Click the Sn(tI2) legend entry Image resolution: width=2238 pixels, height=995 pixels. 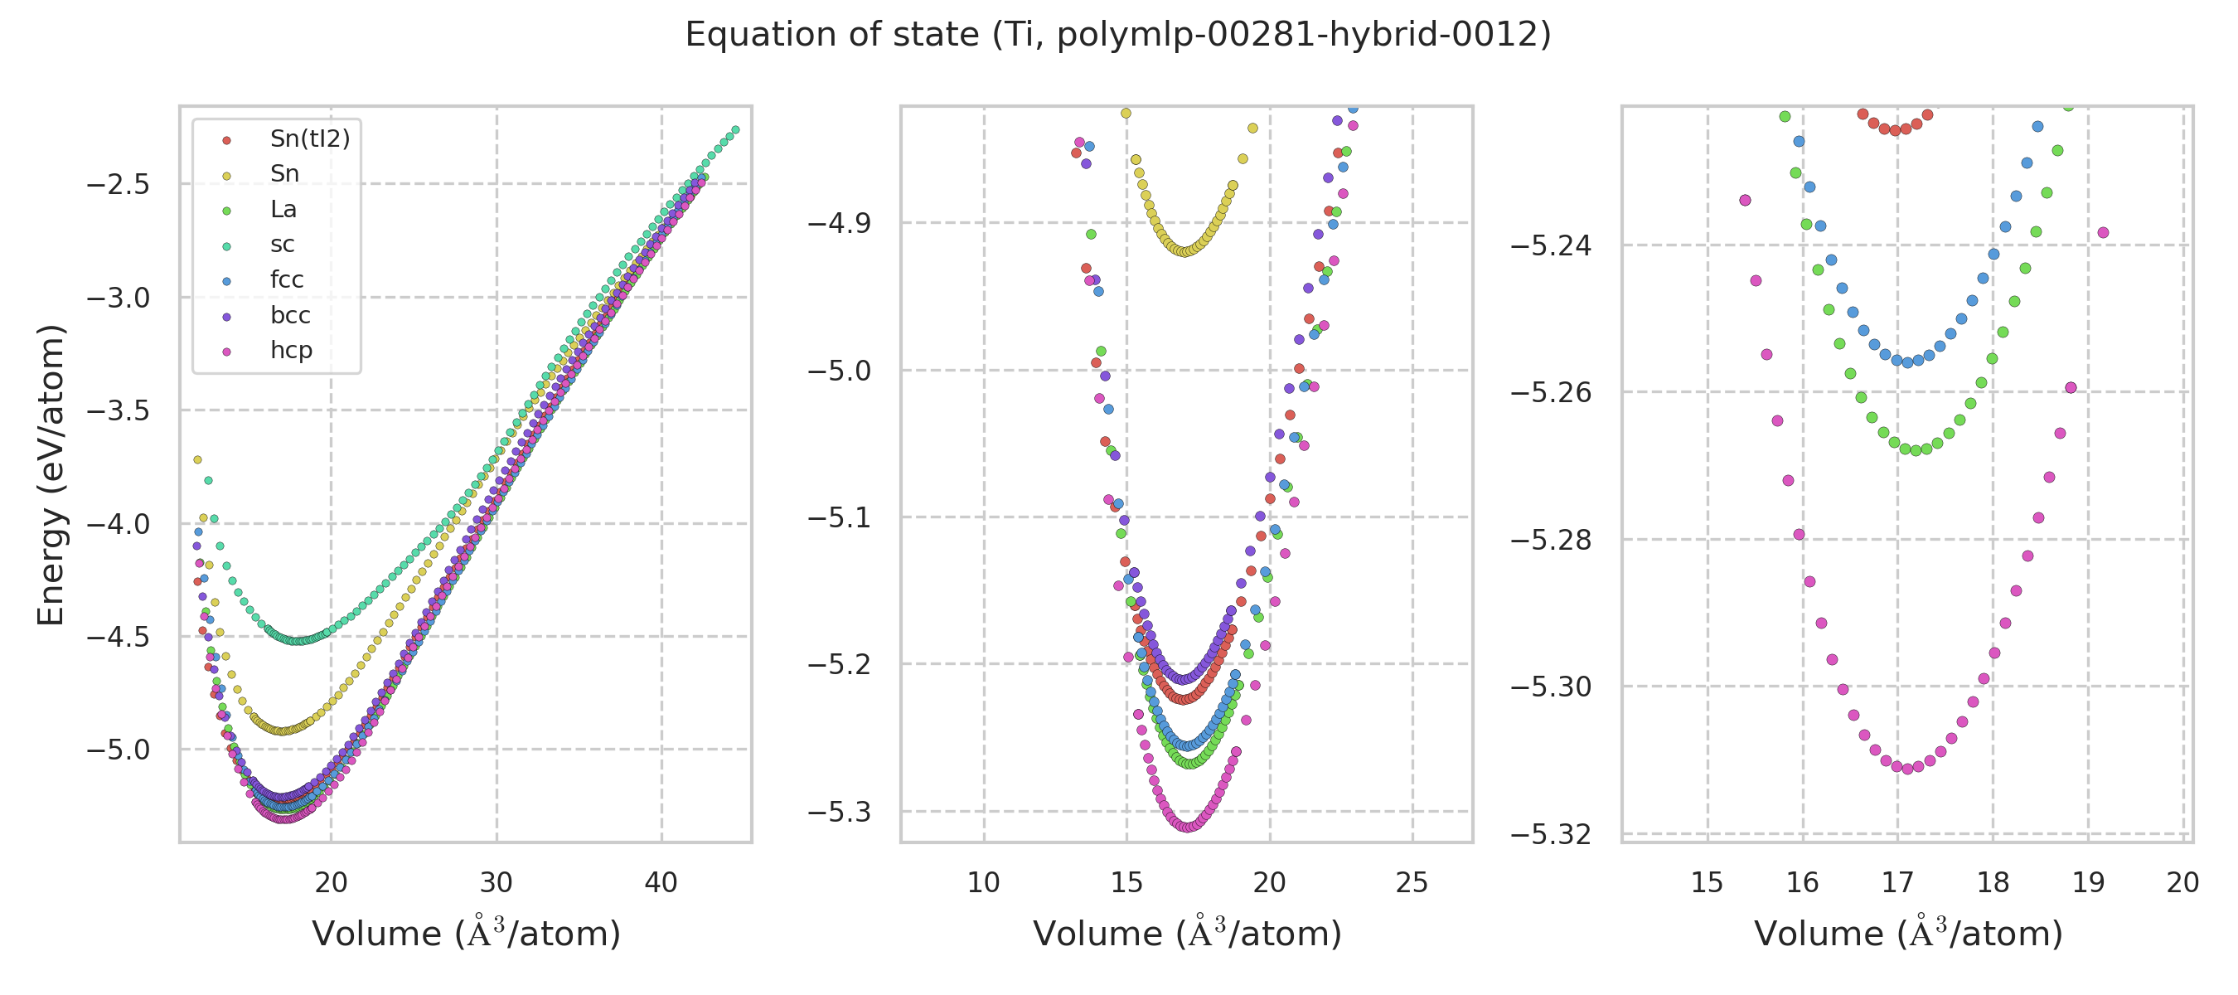(x=309, y=139)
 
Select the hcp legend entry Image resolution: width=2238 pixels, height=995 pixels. (x=291, y=350)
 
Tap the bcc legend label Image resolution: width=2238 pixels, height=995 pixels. (x=290, y=315)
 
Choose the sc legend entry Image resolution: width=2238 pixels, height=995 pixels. (x=283, y=244)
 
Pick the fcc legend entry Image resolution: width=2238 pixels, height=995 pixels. (x=287, y=279)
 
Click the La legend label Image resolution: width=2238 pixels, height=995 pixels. (x=283, y=210)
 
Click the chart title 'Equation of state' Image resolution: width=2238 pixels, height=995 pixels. (x=1117, y=35)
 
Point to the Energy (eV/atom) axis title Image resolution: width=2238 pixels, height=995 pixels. (x=51, y=474)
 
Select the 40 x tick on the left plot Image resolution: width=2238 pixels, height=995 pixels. (x=661, y=883)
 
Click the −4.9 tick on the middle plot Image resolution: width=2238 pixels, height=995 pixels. (x=839, y=223)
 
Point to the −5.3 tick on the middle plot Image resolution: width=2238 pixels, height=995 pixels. (x=839, y=812)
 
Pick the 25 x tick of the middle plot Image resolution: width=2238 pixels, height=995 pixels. (x=1412, y=883)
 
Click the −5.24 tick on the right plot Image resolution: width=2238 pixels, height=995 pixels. (x=1552, y=246)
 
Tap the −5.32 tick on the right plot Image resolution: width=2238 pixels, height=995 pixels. (x=1552, y=834)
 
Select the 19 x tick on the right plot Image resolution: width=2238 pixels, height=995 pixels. (x=2089, y=883)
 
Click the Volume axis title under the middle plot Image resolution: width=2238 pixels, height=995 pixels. (x=1187, y=934)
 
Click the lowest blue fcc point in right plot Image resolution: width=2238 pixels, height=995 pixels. (x=1908, y=362)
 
